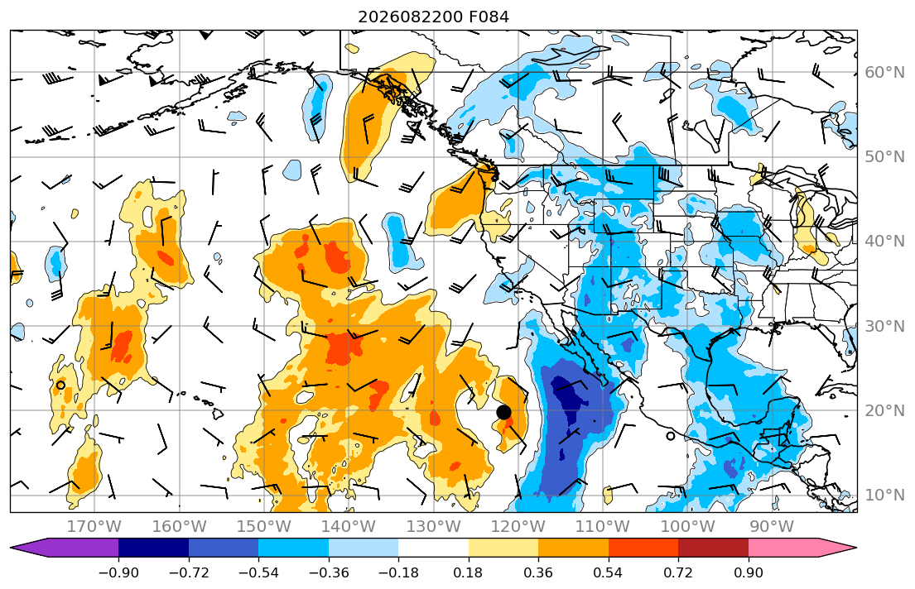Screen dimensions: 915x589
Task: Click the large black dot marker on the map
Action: click(x=503, y=412)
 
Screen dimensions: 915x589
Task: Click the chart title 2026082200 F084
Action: click(x=434, y=17)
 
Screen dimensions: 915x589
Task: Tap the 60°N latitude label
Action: click(x=884, y=72)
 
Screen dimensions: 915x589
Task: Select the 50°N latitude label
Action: click(x=884, y=157)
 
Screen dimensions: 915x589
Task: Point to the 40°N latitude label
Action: click(x=884, y=242)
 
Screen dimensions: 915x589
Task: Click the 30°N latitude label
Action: click(x=884, y=326)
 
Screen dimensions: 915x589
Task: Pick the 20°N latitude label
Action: click(x=884, y=410)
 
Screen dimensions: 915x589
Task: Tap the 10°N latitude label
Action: click(x=884, y=496)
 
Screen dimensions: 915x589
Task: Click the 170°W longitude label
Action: click(x=94, y=527)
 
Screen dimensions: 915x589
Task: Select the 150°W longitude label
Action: click(x=264, y=527)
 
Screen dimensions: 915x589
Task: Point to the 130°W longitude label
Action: click(x=433, y=527)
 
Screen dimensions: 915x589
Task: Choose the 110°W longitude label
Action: click(x=603, y=527)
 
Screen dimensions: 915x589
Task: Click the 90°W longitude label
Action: click(x=772, y=527)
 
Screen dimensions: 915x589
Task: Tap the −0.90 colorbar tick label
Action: click(x=118, y=572)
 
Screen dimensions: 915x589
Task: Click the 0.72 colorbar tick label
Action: click(x=678, y=572)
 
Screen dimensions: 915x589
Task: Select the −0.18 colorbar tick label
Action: click(x=398, y=572)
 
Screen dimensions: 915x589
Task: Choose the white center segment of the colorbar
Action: click(x=434, y=548)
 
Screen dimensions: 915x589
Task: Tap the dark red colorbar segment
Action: click(x=713, y=548)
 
